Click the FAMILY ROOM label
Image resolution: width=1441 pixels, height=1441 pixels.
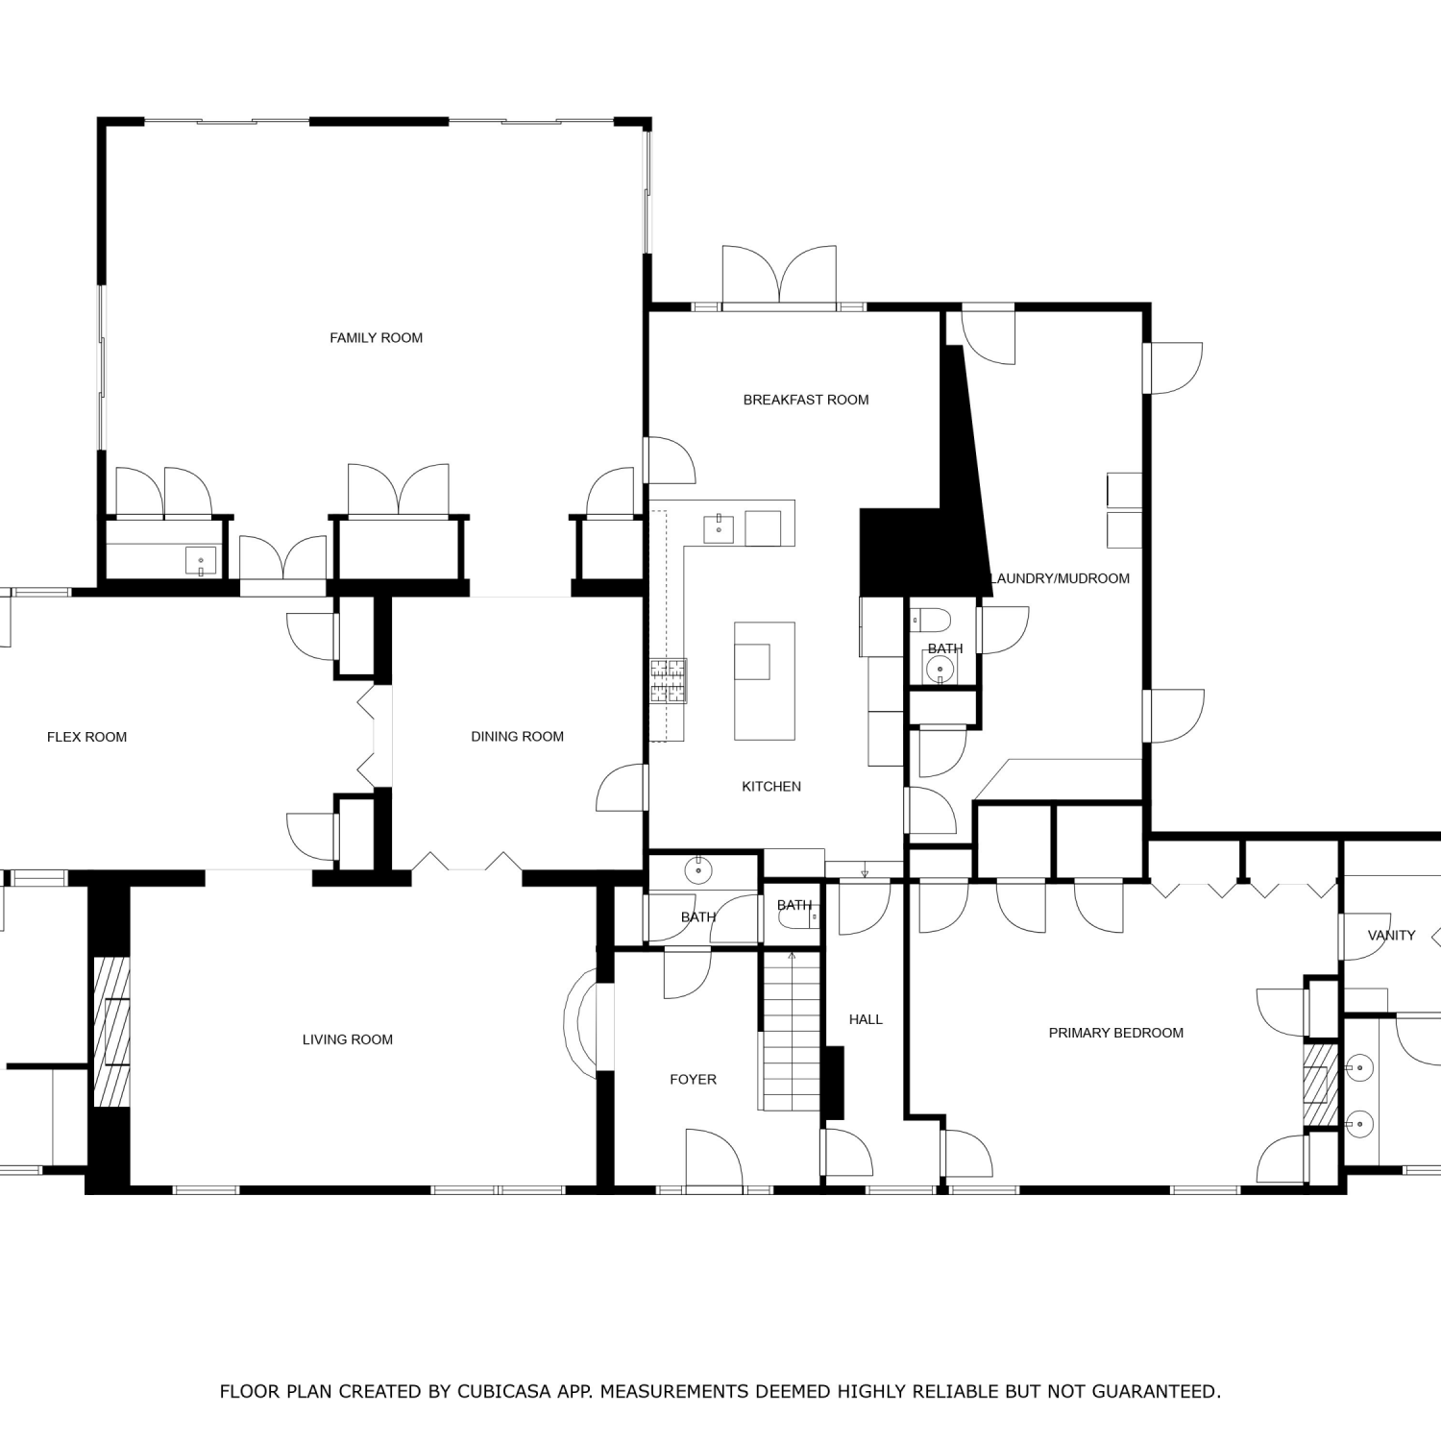376,338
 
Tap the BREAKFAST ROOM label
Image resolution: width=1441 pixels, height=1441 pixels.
806,400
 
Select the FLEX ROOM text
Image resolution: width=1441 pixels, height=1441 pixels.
86,737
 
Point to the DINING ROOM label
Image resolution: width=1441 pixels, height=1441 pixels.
517,737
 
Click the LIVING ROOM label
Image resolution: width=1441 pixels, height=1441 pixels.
348,1039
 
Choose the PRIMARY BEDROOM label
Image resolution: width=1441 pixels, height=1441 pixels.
1116,1033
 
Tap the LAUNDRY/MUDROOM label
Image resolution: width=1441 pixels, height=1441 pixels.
1061,578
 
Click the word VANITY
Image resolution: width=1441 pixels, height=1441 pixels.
1392,935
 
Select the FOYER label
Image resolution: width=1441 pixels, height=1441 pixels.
694,1080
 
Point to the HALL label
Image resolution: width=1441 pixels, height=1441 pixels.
866,1019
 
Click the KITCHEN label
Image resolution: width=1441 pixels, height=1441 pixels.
771,787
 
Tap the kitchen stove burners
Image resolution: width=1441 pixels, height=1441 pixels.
668,681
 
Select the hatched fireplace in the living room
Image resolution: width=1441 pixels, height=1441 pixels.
110,1032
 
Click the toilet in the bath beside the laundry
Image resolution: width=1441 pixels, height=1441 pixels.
930,619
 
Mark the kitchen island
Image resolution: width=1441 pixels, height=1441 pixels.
765,681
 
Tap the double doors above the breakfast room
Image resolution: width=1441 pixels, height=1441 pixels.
779,277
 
